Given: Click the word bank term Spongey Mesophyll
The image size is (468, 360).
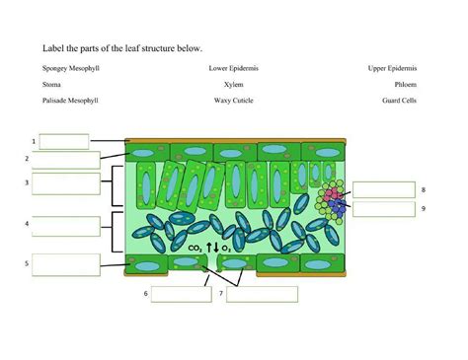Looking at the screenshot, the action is tap(71, 68).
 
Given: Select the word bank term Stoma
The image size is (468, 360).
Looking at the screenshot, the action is tap(51, 85).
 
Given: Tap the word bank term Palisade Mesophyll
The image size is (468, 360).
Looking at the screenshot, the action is tap(71, 101).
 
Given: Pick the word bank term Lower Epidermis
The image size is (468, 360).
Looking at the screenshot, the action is tap(233, 68).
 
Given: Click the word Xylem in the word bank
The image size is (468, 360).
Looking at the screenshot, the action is tap(233, 85).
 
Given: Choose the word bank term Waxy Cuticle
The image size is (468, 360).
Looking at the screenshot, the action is tap(233, 101).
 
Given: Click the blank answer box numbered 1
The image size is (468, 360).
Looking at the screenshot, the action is tap(63, 141).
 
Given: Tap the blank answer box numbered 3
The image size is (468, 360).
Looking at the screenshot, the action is tap(65, 182).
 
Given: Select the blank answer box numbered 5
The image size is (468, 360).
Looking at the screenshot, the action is tap(65, 263).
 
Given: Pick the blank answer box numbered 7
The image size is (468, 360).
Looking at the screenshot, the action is tap(262, 293).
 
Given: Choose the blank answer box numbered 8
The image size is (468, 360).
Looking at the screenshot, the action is tap(383, 190).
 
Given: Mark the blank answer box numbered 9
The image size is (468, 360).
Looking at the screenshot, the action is tap(383, 209).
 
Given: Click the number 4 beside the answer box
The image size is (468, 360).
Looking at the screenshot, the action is tap(27, 225).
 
